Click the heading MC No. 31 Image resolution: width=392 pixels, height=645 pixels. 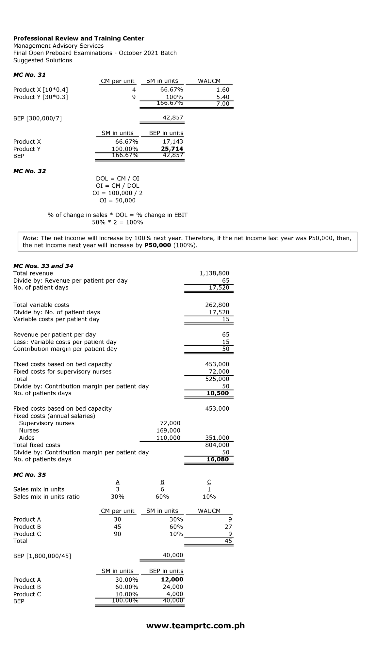[x=29, y=75]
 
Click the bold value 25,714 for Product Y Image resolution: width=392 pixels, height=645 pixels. [x=172, y=149]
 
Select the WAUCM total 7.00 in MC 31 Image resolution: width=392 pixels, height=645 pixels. [x=223, y=104]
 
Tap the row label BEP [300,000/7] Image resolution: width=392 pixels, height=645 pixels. [x=37, y=118]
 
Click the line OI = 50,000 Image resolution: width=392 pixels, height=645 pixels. [x=117, y=200]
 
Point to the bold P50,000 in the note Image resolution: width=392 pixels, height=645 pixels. [x=157, y=245]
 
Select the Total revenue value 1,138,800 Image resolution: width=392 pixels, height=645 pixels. [x=214, y=273]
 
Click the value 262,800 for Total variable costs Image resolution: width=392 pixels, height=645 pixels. [x=217, y=305]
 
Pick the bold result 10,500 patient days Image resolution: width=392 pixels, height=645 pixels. [x=218, y=393]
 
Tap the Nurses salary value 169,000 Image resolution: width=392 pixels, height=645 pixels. [x=168, y=431]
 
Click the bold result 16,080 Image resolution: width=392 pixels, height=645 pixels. [x=218, y=459]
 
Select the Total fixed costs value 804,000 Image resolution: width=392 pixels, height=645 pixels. [x=217, y=445]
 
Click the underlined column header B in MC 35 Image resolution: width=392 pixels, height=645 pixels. [x=162, y=482]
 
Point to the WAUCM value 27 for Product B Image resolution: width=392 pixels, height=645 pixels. [x=228, y=527]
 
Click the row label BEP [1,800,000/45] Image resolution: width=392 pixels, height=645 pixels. [x=42, y=556]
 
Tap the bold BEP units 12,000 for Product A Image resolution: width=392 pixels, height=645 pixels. [x=172, y=579]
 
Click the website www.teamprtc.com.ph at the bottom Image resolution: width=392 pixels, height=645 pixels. [x=195, y=625]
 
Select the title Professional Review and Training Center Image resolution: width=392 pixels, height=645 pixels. [x=78, y=39]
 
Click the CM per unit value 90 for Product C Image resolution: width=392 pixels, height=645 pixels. [x=117, y=534]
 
